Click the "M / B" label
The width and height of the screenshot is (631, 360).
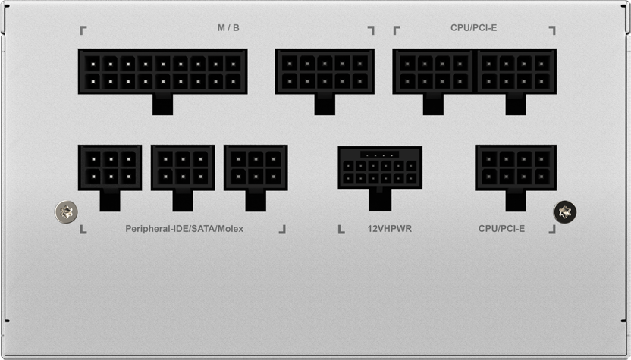[x=228, y=28]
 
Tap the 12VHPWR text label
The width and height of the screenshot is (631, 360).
[x=390, y=228]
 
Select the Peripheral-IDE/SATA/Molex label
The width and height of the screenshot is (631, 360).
[x=184, y=228]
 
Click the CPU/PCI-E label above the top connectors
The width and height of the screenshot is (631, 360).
[x=474, y=28]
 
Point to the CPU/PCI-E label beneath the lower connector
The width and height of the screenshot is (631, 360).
[x=501, y=228]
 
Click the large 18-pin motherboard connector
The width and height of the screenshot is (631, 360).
[x=162, y=71]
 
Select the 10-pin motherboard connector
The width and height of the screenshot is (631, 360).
[x=325, y=71]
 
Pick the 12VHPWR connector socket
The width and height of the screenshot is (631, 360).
[x=380, y=167]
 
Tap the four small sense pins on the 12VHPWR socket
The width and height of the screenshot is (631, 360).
[x=379, y=155]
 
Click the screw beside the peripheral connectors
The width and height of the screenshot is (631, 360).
[x=66, y=211]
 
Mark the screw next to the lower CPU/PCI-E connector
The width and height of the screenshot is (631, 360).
[x=565, y=211]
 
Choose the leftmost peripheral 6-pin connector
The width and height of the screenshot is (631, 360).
[x=110, y=167]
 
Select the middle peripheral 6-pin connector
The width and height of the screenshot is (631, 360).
[x=183, y=167]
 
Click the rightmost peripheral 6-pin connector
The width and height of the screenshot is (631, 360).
[x=256, y=167]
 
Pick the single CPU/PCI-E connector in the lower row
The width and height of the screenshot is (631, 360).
[x=516, y=167]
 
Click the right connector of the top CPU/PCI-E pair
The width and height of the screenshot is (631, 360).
[x=516, y=71]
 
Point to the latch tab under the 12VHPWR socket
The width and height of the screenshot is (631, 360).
[x=380, y=200]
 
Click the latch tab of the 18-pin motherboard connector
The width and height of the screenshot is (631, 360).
[x=162, y=105]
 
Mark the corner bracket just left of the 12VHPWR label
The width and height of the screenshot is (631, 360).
[x=341, y=230]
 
